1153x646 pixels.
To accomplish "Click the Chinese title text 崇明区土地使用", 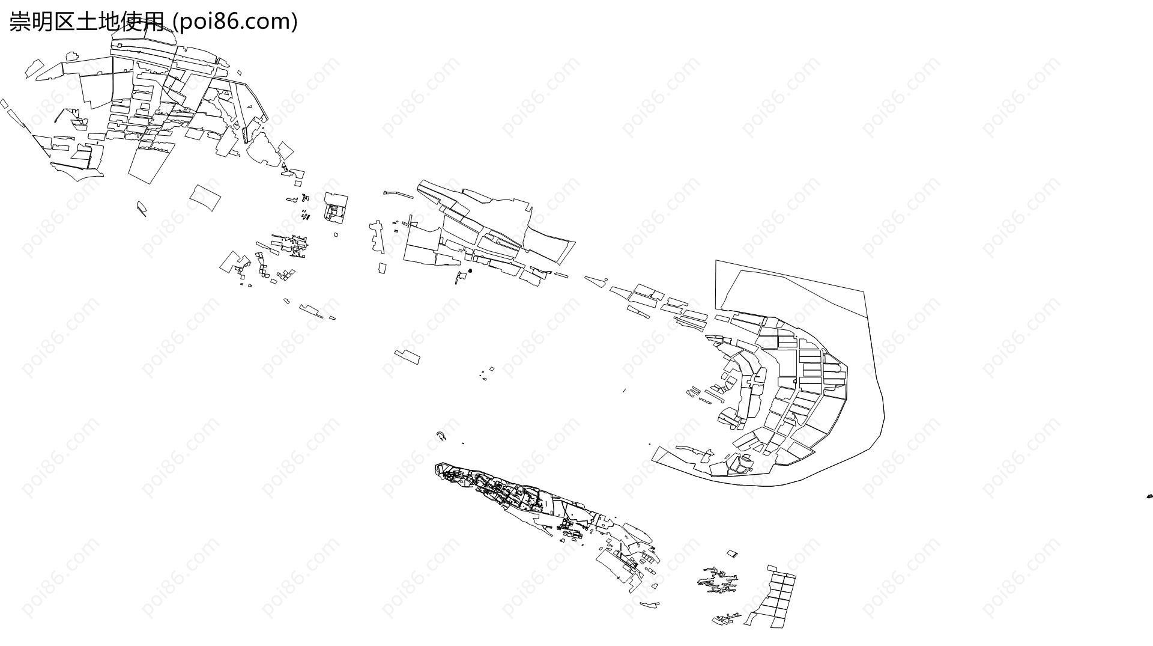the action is click(x=86, y=22).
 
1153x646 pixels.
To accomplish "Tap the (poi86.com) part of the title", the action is click(x=235, y=22).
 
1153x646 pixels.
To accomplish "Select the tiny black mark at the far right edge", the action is click(x=1149, y=496).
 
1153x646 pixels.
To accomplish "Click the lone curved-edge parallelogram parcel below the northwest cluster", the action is click(x=205, y=197).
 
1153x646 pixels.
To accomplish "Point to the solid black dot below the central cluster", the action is click(x=470, y=271).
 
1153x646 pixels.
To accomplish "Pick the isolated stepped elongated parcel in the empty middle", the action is click(x=407, y=356).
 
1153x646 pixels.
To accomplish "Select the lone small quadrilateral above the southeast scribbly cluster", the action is click(x=732, y=553).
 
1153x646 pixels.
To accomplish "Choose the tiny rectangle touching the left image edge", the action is click(x=4, y=104).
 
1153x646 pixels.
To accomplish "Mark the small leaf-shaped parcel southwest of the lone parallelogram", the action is click(x=141, y=208).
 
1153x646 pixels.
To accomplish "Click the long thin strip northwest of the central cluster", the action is click(x=398, y=194).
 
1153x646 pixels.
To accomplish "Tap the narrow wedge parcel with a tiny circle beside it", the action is click(x=595, y=280).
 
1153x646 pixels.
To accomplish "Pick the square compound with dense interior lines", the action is click(x=336, y=207).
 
